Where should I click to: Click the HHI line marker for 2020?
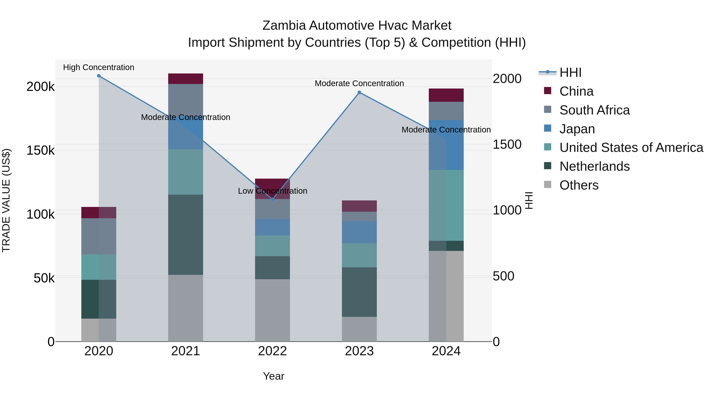(x=99, y=76)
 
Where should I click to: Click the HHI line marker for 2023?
(x=359, y=92)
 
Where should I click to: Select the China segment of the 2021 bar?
(x=185, y=79)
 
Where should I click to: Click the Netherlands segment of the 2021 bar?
(x=185, y=235)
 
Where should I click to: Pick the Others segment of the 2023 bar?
(x=359, y=329)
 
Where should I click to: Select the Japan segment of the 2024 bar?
(x=446, y=145)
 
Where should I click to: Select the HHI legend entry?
(x=570, y=72)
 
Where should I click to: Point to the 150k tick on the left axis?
(x=40, y=150)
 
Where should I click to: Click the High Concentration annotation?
(x=99, y=67)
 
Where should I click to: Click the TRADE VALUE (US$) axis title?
(x=6, y=200)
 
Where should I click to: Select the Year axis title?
(x=273, y=376)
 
